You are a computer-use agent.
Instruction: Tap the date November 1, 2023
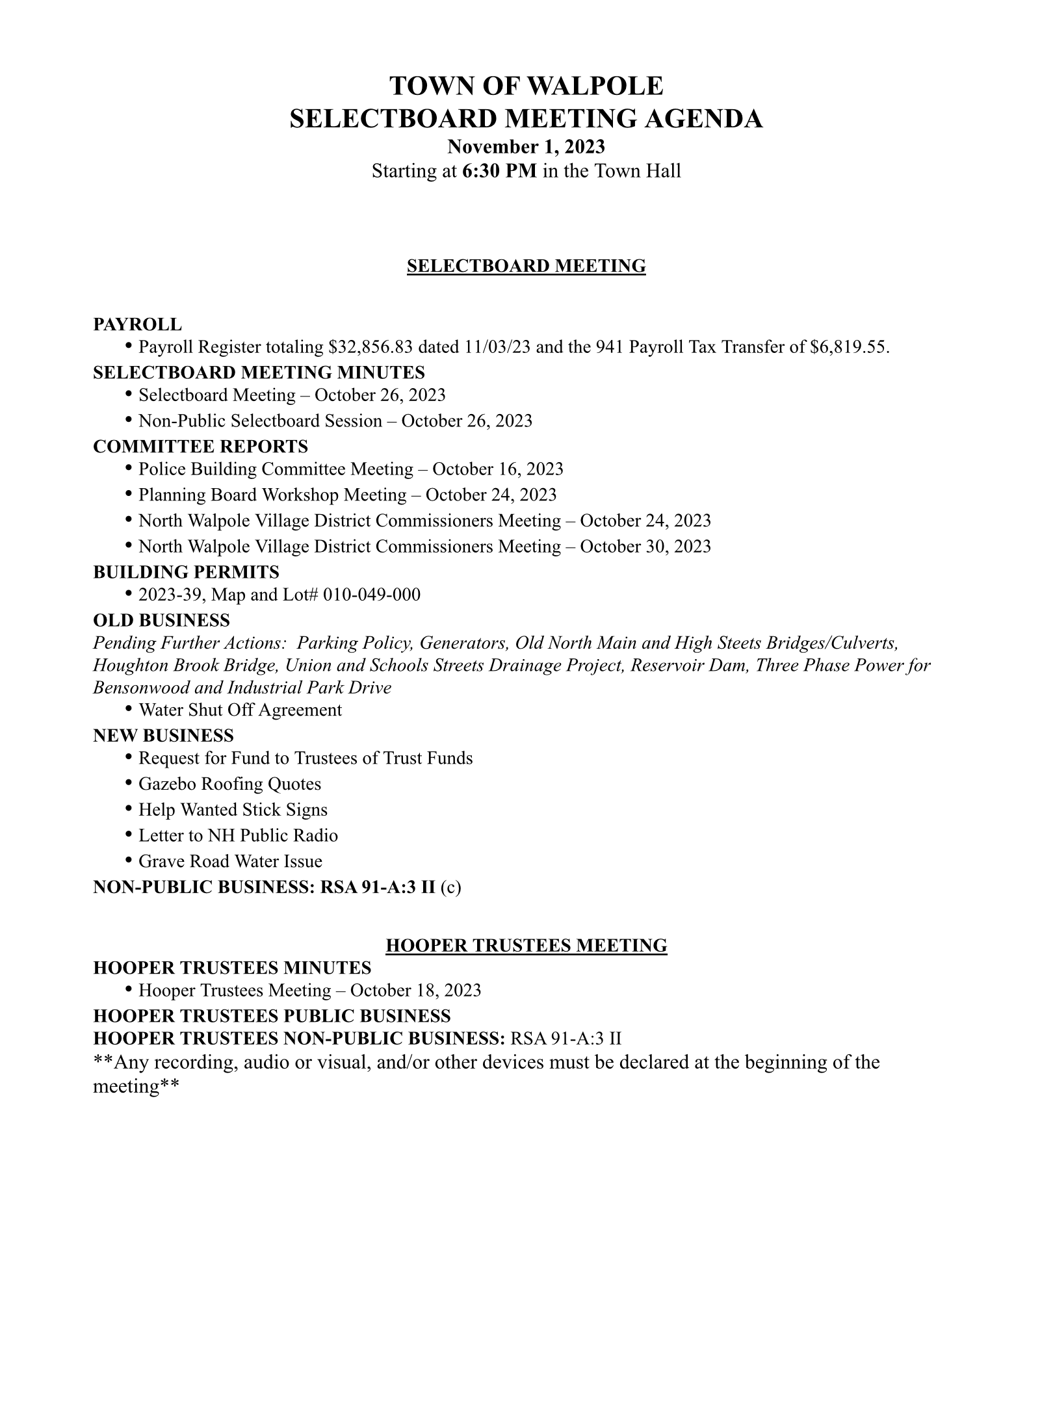pyautogui.click(x=526, y=146)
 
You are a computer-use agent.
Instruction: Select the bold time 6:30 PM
pyautogui.click(x=500, y=171)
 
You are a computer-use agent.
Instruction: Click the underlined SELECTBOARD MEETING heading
pyautogui.click(x=526, y=266)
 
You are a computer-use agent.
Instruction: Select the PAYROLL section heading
pyautogui.click(x=138, y=324)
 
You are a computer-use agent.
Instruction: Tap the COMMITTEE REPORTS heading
pyautogui.click(x=200, y=447)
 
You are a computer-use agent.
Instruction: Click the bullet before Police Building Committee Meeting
pyautogui.click(x=129, y=467)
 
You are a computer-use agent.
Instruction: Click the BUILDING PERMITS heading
pyautogui.click(x=186, y=572)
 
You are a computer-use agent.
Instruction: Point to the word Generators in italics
pyautogui.click(x=463, y=643)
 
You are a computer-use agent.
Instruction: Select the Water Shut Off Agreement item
pyautogui.click(x=240, y=710)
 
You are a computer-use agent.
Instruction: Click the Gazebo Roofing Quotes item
pyautogui.click(x=229, y=784)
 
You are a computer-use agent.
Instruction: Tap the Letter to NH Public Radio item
pyautogui.click(x=238, y=835)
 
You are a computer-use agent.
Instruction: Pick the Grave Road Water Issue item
pyautogui.click(x=230, y=861)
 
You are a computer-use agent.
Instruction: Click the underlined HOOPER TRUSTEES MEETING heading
pyautogui.click(x=526, y=945)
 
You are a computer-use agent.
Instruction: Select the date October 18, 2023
pyautogui.click(x=415, y=990)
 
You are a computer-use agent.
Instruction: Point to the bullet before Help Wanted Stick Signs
pyautogui.click(x=129, y=808)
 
